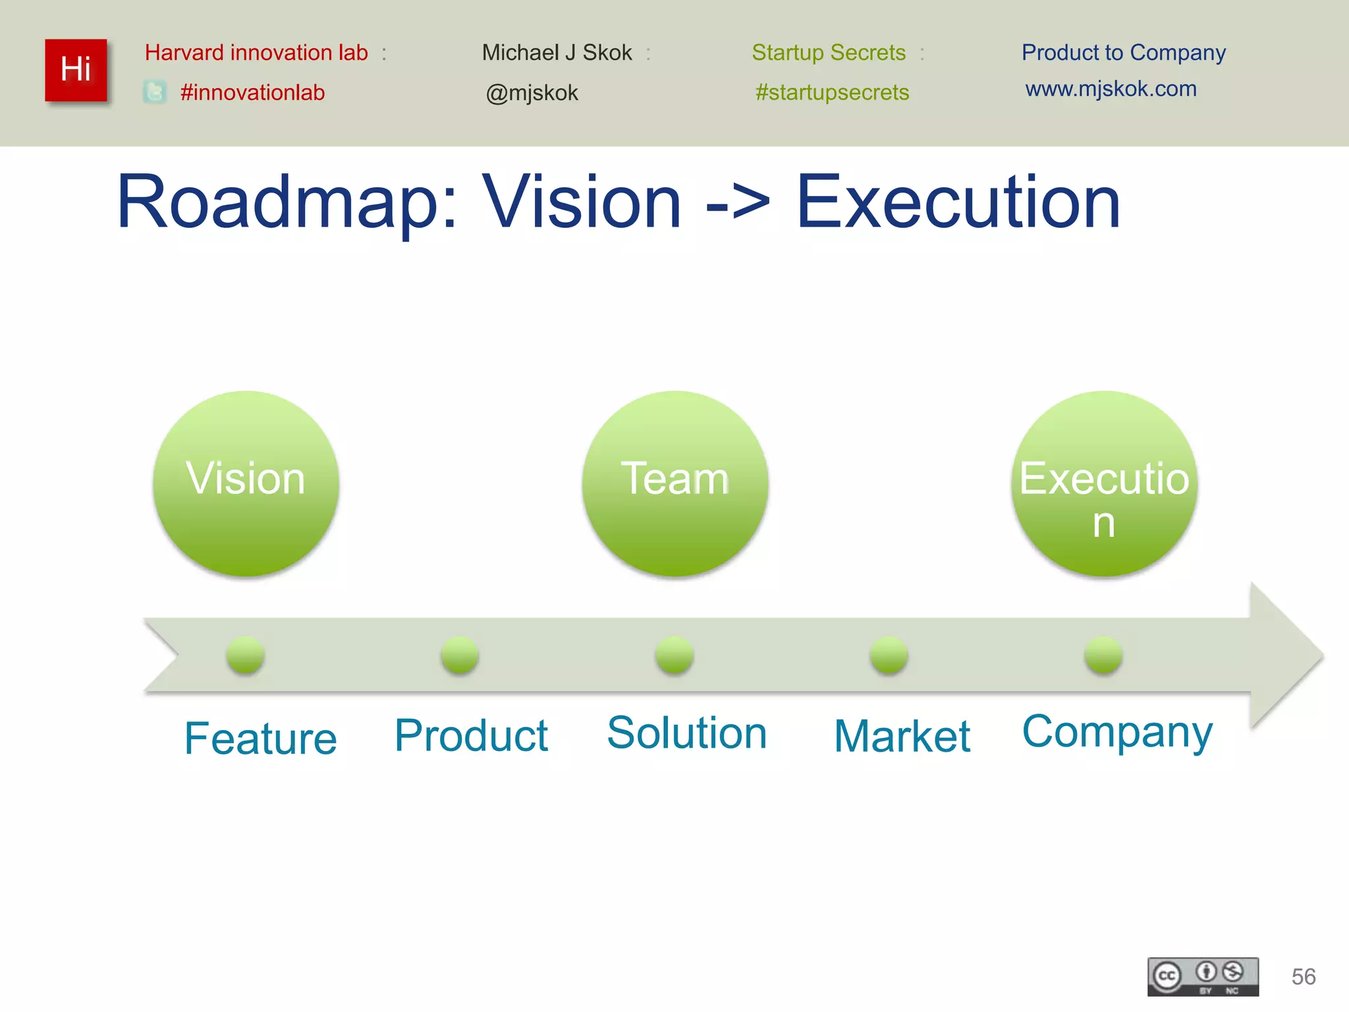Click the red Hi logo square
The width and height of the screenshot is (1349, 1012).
coord(76,70)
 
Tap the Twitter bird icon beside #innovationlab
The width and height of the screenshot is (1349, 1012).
coord(155,92)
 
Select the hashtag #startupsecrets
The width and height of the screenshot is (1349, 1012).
coord(832,92)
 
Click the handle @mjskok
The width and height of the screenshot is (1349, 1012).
coord(532,93)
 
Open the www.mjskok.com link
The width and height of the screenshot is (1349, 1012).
coord(1111,89)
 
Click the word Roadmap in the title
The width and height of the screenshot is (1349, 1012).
coord(277,202)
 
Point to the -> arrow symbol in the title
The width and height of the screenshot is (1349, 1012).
coord(738,203)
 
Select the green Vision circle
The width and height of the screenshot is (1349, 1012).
coord(246,484)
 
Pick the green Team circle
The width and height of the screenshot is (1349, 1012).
coord(674,484)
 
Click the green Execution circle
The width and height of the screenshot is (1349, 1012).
coord(1104,484)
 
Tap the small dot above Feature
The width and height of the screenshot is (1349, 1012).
coord(245,655)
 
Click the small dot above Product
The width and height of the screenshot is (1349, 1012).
coord(460,655)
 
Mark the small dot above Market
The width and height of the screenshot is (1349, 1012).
coord(889,655)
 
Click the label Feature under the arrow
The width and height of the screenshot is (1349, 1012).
coord(260,738)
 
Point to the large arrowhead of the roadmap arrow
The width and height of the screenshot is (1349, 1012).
coord(1284,655)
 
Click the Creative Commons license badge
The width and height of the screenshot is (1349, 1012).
coord(1203,976)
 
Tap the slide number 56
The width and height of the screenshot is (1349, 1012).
coord(1303,976)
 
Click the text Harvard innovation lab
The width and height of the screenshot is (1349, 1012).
coord(256,53)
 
